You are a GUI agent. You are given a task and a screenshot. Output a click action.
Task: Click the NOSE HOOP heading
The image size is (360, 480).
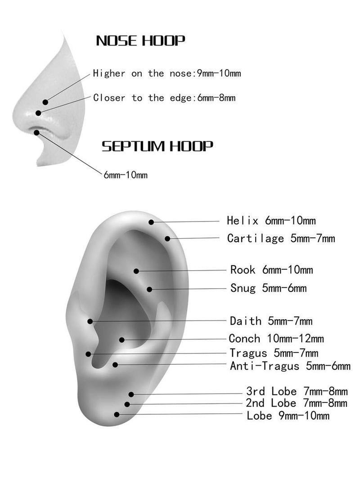pyautogui.click(x=140, y=41)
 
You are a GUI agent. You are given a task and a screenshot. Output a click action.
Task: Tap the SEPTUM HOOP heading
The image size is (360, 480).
pyautogui.click(x=157, y=146)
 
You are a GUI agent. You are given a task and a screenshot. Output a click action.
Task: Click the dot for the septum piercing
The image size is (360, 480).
pyautogui.click(x=37, y=132)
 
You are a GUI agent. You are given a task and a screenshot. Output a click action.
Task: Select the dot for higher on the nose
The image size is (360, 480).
pyautogui.click(x=45, y=102)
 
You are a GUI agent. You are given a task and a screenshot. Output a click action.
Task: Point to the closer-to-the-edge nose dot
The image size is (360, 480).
pyautogui.click(x=38, y=113)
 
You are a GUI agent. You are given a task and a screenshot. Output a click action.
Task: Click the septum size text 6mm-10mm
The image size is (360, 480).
pyautogui.click(x=126, y=175)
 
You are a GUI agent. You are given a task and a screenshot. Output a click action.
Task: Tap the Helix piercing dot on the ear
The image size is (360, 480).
pyautogui.click(x=151, y=222)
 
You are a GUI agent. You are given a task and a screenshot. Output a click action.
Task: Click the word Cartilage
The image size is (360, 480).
pyautogui.click(x=256, y=239)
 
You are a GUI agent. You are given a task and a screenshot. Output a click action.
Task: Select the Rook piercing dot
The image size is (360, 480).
pyautogui.click(x=136, y=271)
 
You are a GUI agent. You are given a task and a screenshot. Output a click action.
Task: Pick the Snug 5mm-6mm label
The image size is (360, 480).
pyautogui.click(x=268, y=288)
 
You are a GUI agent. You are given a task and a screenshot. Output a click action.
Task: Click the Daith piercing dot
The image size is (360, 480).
pyautogui.click(x=90, y=321)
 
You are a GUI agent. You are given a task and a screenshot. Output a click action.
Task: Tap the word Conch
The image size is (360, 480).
pyautogui.click(x=244, y=339)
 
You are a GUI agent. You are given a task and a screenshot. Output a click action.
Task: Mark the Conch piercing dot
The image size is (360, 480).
pyautogui.click(x=122, y=340)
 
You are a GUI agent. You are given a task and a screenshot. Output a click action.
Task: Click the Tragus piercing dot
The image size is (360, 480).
pyautogui.click(x=88, y=354)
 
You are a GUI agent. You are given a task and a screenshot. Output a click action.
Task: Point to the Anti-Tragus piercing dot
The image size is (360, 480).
pyautogui.click(x=115, y=365)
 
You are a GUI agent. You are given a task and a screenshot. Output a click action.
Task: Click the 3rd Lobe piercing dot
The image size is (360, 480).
pyautogui.click(x=131, y=394)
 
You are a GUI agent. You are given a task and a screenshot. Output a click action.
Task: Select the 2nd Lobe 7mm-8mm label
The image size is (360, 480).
pyautogui.click(x=297, y=403)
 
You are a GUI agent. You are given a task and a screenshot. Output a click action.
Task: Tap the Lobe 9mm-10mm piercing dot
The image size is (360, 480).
pyautogui.click(x=117, y=414)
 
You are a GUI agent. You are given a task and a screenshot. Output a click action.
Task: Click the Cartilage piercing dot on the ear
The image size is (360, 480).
pyautogui.click(x=167, y=239)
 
